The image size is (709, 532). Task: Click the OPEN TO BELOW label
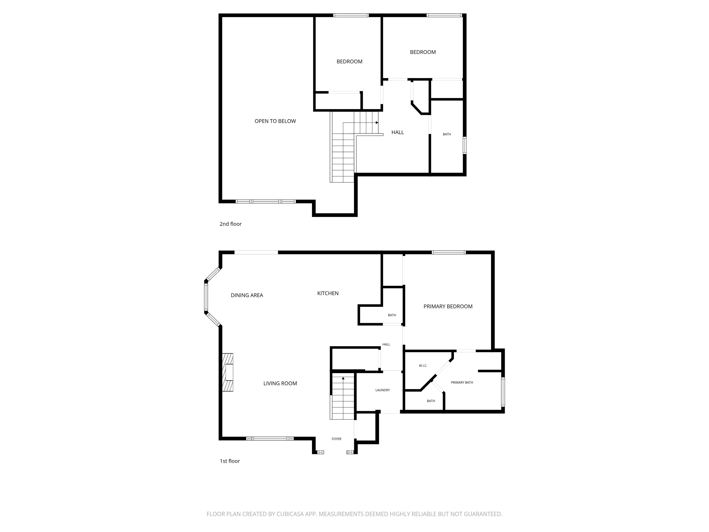pyautogui.click(x=275, y=121)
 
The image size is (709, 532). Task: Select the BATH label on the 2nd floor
pyautogui.click(x=447, y=134)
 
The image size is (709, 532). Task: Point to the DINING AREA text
pyautogui.click(x=247, y=295)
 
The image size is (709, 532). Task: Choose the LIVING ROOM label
pyautogui.click(x=280, y=384)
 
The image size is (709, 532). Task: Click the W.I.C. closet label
pyautogui.click(x=423, y=366)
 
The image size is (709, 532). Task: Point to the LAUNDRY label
pyautogui.click(x=383, y=390)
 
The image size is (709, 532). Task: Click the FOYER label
pyautogui.click(x=336, y=439)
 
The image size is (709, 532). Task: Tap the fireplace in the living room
pyautogui.click(x=228, y=372)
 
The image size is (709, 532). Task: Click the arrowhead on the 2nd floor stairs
pyautogui.click(x=377, y=123)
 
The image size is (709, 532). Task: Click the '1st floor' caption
pyautogui.click(x=230, y=461)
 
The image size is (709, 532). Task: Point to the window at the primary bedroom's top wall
pyautogui.click(x=448, y=252)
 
